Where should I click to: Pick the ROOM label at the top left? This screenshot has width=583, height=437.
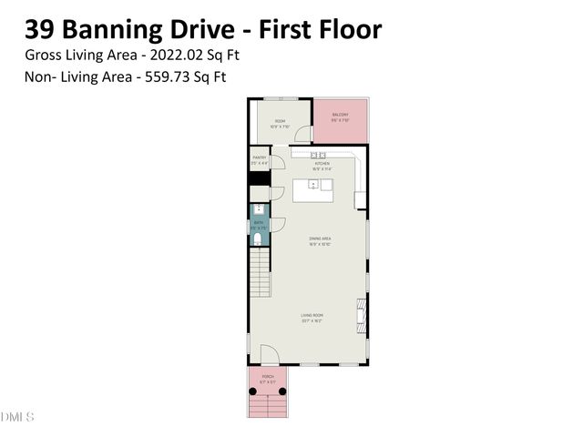point(280,122)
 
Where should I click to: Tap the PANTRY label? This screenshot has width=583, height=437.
point(259,158)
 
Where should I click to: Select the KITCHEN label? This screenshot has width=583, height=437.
point(322,165)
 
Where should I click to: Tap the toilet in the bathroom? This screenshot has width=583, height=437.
point(259,240)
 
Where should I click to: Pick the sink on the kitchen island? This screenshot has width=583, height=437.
point(313,185)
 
